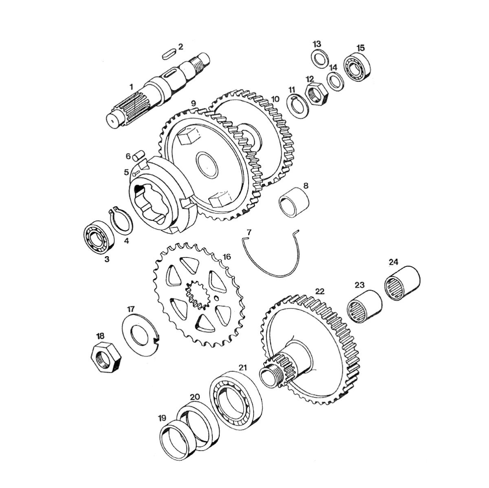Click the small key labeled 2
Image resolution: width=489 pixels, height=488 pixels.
(x=168, y=55)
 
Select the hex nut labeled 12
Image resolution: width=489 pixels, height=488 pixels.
(x=316, y=95)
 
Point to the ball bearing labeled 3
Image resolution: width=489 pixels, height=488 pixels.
(x=99, y=237)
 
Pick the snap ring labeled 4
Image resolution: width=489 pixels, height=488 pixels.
(x=121, y=219)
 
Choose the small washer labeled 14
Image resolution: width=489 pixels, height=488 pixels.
(x=336, y=81)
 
